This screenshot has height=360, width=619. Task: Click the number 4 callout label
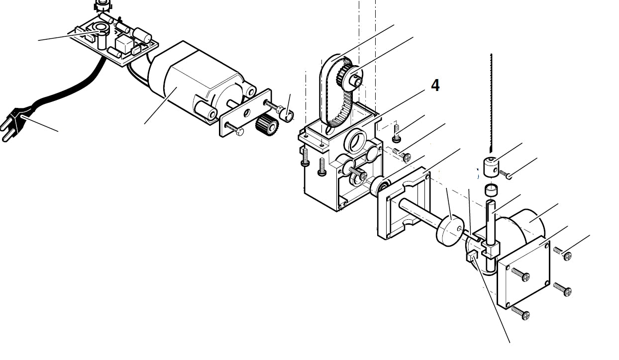coord(435,85)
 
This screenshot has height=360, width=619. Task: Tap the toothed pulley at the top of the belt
coord(351,75)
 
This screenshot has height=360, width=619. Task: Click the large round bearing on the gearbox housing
coord(356,142)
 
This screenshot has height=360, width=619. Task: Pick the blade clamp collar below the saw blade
coord(491,164)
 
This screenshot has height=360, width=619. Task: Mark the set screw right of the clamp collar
coord(505,174)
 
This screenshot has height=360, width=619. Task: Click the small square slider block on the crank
coord(471,257)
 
